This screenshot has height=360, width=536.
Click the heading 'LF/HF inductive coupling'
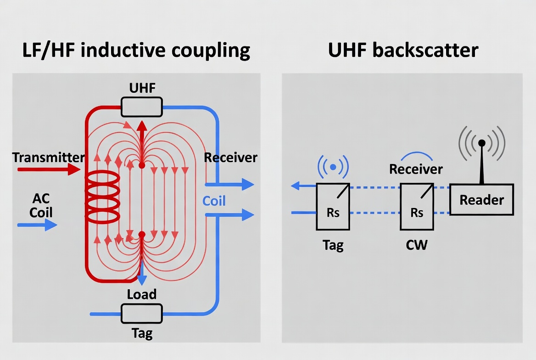tap(136, 50)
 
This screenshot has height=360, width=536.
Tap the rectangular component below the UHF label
tap(141, 107)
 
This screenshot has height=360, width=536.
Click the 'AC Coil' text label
tap(41, 206)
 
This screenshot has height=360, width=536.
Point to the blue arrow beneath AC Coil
tap(38, 225)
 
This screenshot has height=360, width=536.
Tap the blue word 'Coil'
tap(214, 201)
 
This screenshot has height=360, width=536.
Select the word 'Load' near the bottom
tap(142, 294)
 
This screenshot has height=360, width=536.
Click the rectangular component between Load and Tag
tap(141, 314)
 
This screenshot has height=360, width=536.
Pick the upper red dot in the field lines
tap(142, 165)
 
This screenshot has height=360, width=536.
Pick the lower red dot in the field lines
tap(142, 235)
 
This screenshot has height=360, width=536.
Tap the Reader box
tap(481, 200)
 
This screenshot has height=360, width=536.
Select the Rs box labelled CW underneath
tap(417, 207)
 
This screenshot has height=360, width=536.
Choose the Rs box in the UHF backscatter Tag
tap(333, 207)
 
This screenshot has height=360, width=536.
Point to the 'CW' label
tap(417, 245)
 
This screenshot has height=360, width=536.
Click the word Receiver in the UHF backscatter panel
tap(416, 169)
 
